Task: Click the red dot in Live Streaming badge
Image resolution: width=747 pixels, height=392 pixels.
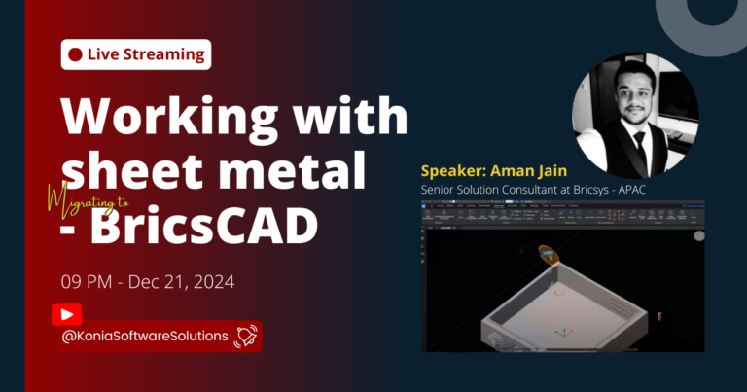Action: click(x=75, y=54)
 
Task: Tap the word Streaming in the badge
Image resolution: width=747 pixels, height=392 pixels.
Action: click(x=162, y=54)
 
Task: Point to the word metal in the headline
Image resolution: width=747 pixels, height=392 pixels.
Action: click(x=298, y=171)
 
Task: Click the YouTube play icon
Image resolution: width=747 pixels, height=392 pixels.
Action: click(x=66, y=314)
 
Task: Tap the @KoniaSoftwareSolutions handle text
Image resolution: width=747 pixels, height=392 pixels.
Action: click(x=145, y=337)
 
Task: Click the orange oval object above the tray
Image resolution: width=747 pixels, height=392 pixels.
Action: click(x=551, y=255)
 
